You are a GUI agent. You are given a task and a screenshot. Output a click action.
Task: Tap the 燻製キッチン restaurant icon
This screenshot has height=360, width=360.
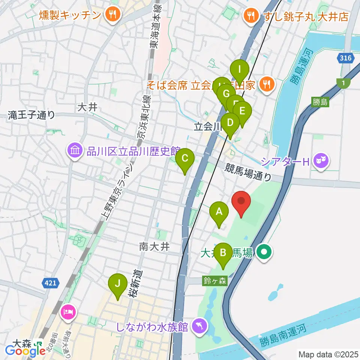111,15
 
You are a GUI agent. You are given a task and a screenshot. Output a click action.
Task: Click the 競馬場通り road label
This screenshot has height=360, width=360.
248,172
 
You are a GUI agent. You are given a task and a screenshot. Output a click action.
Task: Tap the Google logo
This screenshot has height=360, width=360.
25,351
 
